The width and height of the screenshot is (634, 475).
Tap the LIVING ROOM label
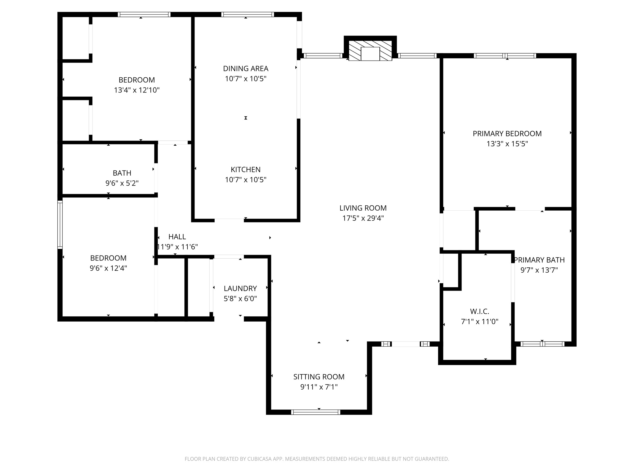(x=363, y=208)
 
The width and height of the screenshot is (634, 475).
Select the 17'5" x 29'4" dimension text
(x=363, y=218)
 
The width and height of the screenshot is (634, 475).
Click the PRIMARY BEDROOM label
(x=507, y=134)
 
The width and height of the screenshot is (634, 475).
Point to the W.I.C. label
(x=479, y=311)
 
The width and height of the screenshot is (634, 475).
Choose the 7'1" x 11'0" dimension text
(x=479, y=321)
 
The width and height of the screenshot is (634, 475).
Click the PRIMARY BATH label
(x=539, y=260)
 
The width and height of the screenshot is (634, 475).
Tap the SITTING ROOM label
(x=319, y=377)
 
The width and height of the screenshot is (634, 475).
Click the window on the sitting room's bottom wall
(x=315, y=412)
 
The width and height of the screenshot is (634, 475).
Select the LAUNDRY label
(x=240, y=288)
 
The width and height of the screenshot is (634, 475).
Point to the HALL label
(x=177, y=237)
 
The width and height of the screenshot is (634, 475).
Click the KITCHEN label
(x=245, y=169)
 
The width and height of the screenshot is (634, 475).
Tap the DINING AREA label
(x=245, y=69)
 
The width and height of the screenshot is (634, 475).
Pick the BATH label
(x=122, y=173)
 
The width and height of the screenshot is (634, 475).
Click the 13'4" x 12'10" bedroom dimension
(x=136, y=90)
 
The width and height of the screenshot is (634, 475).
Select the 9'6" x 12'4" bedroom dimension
(x=108, y=268)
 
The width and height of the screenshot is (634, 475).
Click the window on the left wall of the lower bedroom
(x=60, y=224)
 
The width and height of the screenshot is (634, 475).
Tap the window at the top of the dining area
(x=247, y=14)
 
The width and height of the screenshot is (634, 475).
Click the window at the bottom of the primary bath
(x=542, y=344)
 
